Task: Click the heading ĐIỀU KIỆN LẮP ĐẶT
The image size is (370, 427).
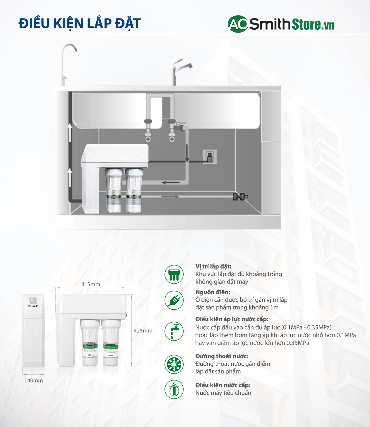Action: click(x=79, y=24)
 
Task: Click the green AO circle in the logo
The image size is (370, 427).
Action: click(x=238, y=24)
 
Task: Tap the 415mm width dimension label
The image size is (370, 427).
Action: click(x=91, y=284)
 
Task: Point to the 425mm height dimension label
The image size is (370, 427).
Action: click(x=143, y=331)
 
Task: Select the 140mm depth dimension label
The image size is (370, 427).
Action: click(x=33, y=381)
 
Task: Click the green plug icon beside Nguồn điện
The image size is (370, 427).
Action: click(x=174, y=300)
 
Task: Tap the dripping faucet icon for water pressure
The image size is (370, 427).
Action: click(x=174, y=331)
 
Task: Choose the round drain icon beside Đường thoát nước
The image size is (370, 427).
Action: click(x=174, y=364)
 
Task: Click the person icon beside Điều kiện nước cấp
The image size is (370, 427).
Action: click(x=174, y=389)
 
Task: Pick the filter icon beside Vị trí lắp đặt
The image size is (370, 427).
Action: click(x=174, y=274)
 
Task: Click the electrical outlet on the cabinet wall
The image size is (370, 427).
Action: click(x=210, y=157)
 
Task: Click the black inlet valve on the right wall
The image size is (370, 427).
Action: click(x=240, y=197)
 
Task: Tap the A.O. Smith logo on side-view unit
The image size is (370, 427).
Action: click(x=33, y=306)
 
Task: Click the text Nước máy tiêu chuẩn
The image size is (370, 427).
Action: click(x=223, y=393)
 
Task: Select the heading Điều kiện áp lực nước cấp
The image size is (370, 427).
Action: click(x=232, y=319)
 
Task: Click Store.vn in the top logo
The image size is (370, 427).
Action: click(x=313, y=25)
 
